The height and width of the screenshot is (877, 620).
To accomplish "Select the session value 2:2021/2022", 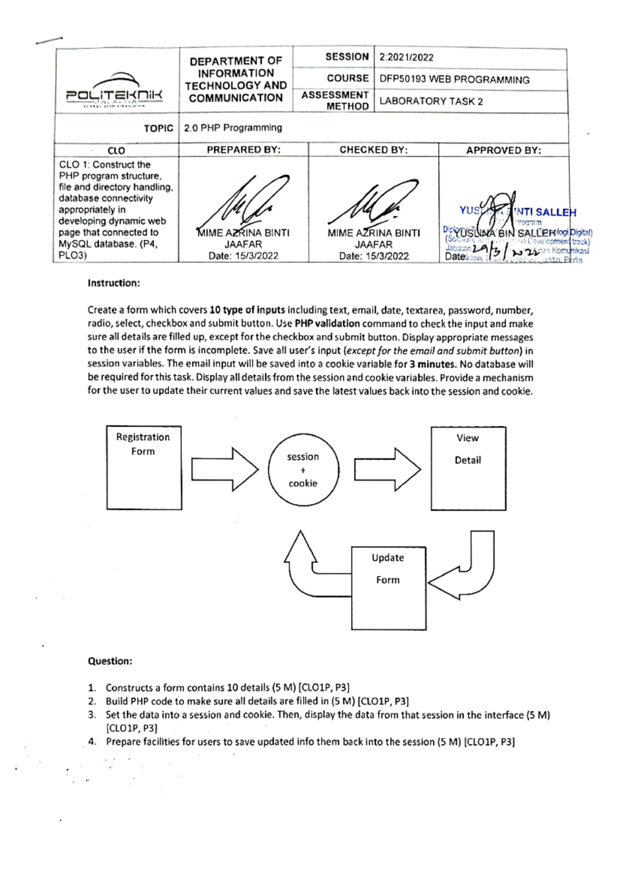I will click(x=406, y=57).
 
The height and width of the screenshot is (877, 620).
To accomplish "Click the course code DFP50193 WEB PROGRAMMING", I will click(x=454, y=80).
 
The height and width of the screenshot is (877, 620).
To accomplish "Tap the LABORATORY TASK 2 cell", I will click(x=431, y=101).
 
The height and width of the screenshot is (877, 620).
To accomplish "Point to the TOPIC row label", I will click(x=158, y=128).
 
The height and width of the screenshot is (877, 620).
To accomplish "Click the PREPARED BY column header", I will click(x=243, y=150).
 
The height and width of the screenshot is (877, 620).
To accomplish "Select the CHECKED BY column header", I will click(x=373, y=150).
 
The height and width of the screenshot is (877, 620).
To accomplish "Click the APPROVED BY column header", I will click(x=503, y=150).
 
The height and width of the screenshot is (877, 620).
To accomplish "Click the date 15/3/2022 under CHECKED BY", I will click(x=374, y=256).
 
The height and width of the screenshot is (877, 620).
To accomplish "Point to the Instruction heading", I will click(x=114, y=283).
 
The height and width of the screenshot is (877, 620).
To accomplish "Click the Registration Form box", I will click(x=144, y=467).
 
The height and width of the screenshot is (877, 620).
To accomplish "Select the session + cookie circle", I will click(x=303, y=469).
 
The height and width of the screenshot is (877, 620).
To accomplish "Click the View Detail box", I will click(x=468, y=468).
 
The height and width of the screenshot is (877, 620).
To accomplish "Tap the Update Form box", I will click(x=389, y=588).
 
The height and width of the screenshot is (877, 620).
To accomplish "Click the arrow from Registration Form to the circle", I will click(x=224, y=469).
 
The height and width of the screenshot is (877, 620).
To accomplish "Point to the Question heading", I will click(x=110, y=661).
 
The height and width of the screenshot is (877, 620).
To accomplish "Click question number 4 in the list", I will click(x=92, y=742).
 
